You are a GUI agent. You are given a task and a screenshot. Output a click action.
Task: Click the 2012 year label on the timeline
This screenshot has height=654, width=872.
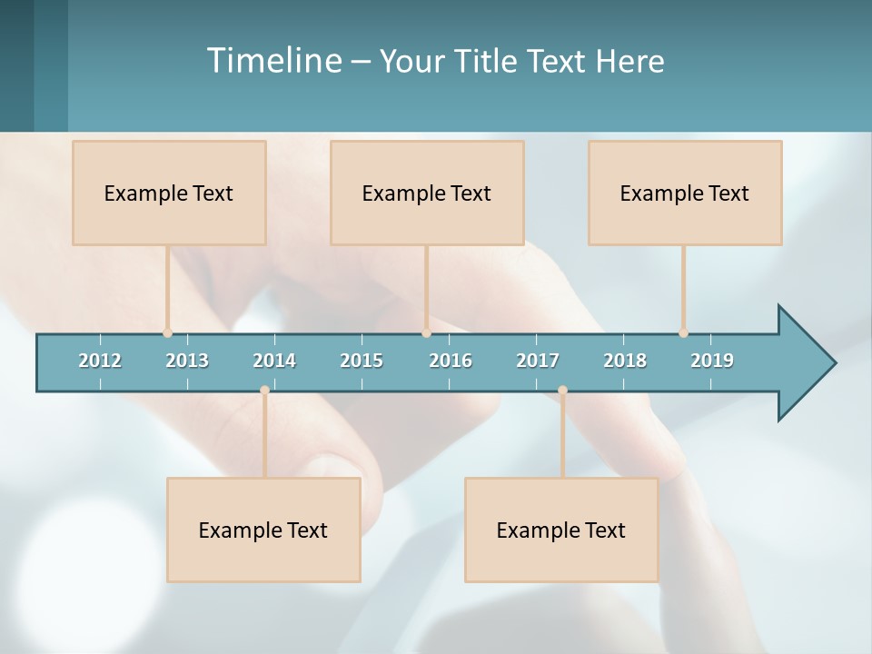click(100, 361)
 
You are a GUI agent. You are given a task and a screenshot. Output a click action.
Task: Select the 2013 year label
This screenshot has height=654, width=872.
click(187, 361)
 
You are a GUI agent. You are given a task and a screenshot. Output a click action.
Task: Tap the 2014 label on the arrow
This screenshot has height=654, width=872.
click(274, 361)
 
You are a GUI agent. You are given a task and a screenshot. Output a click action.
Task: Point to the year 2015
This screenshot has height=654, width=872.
click(362, 361)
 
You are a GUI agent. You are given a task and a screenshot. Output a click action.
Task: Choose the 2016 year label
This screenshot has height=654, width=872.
click(451, 361)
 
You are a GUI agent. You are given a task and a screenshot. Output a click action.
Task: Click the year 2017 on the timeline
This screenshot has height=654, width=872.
click(538, 361)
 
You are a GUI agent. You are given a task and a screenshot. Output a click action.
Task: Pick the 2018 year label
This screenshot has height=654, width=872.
click(625, 361)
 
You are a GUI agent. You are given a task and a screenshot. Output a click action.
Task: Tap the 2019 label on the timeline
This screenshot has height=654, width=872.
click(712, 361)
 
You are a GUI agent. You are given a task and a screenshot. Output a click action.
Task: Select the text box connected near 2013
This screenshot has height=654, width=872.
click(169, 193)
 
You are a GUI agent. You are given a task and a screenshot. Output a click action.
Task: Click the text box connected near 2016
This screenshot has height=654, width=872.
click(427, 193)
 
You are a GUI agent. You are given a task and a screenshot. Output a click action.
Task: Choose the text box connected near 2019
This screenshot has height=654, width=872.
click(685, 193)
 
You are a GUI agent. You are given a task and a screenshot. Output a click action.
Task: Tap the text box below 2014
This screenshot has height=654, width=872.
click(263, 530)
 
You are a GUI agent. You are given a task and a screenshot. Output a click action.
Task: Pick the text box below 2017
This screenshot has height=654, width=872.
click(561, 530)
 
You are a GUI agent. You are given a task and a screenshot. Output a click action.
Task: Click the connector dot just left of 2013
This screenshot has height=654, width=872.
click(168, 333)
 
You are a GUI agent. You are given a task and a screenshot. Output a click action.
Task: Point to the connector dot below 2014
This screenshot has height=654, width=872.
click(264, 391)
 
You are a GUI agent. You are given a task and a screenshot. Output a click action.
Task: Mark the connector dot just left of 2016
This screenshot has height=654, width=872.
click(426, 333)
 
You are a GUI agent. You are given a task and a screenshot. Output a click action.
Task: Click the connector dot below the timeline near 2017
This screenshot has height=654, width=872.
click(562, 391)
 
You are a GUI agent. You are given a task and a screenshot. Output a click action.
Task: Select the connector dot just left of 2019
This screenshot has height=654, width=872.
click(683, 333)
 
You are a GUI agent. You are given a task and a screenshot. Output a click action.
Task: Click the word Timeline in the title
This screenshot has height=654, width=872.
click(272, 61)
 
